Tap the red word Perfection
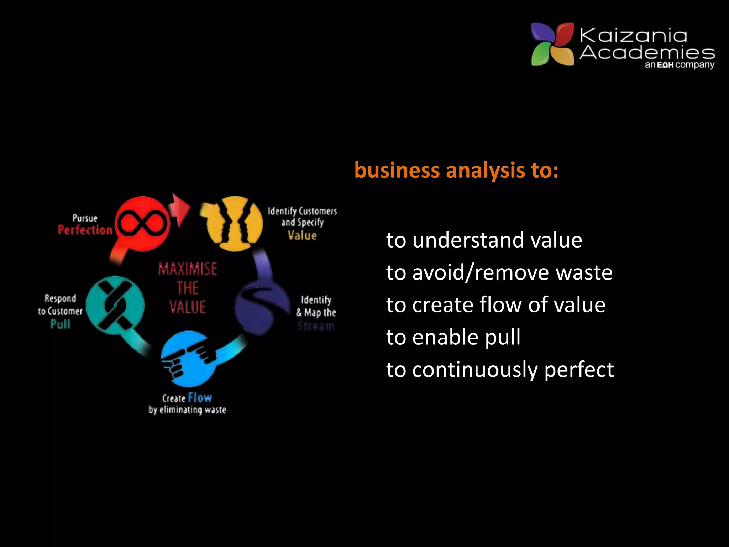pos(85,230)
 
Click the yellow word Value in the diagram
pos(302,235)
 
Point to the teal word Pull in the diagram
pos(60,324)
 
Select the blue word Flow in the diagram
pos(200,397)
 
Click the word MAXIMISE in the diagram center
pos(188,269)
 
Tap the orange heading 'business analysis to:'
pos(456,170)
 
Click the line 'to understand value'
pos(484,240)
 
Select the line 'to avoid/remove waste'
pos(499,272)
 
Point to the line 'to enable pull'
pos(453,337)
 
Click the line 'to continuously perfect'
pos(500,369)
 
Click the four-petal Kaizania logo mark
pos(552,44)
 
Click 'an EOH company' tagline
pos(679,65)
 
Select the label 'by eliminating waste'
pos(188,410)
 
